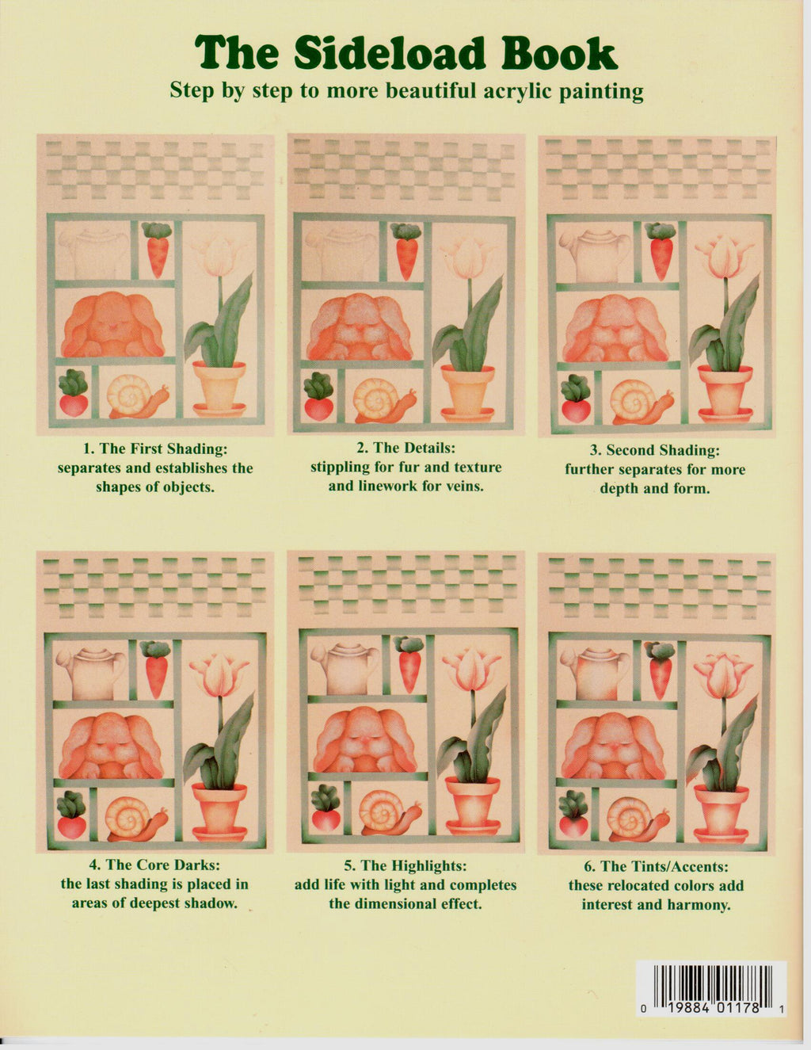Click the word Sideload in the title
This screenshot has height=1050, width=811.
pos(389,53)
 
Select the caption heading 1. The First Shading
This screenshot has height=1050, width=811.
pos(155,449)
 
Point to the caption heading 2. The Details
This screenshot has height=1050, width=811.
pos(406,448)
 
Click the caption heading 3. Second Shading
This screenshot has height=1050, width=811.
pos(655,450)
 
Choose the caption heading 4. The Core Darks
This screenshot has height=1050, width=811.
pos(154,865)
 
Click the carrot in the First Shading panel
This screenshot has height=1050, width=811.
pos(158,250)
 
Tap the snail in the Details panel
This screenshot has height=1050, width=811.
pos(384,401)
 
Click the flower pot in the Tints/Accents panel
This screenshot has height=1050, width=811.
pos(721,814)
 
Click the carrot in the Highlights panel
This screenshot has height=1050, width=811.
pos(409,664)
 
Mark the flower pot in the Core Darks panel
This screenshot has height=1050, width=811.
pos(219,811)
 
